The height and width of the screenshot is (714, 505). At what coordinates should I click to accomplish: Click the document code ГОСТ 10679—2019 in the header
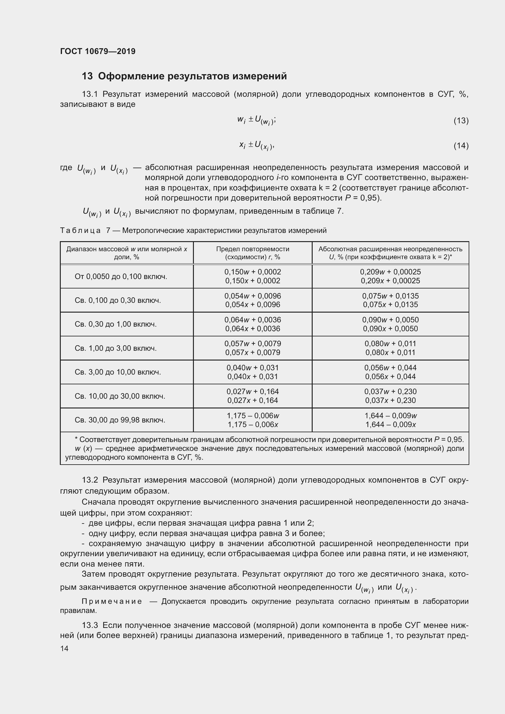98,51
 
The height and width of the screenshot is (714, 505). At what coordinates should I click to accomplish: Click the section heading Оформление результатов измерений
192,76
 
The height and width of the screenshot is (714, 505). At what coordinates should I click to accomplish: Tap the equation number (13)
461,120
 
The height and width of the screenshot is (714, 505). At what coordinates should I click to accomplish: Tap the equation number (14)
461,146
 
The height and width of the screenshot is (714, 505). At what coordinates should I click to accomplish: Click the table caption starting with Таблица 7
193,230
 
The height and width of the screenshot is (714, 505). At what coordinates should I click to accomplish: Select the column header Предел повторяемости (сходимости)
252,253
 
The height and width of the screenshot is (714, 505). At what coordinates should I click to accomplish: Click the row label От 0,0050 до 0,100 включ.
121,277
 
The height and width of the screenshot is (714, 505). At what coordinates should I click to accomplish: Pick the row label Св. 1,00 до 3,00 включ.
116,348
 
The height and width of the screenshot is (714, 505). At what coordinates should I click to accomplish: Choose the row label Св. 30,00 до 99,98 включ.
120,420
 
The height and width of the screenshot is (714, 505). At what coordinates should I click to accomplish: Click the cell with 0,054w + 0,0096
252,296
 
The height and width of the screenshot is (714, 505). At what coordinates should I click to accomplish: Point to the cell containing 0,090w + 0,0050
390,320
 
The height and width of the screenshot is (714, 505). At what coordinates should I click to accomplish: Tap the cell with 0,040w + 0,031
252,368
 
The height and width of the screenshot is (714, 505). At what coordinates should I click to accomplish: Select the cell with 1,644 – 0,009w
390,415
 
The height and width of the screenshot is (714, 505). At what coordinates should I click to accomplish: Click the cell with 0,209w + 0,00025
390,272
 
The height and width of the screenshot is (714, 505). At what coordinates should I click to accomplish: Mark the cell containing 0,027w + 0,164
252,392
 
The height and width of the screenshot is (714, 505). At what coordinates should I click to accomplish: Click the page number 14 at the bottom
64,648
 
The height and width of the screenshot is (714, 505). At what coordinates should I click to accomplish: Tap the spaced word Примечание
112,601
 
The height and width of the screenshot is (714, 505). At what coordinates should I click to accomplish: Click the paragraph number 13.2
90,480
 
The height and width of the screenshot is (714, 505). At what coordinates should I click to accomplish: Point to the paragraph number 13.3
90,625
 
